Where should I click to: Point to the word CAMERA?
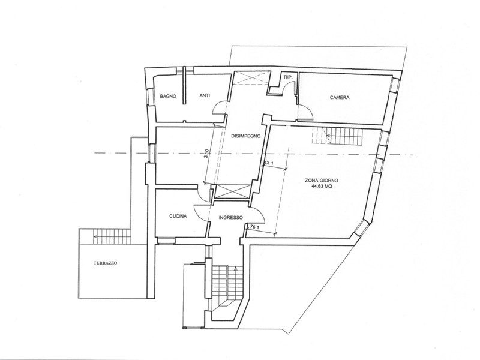click(339, 97)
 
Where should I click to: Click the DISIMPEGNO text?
click(245, 136)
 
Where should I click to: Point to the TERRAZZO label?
click(105, 263)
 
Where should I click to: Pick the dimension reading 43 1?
click(268, 163)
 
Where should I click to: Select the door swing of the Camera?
click(305, 110)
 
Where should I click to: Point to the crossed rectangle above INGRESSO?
click(231, 192)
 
